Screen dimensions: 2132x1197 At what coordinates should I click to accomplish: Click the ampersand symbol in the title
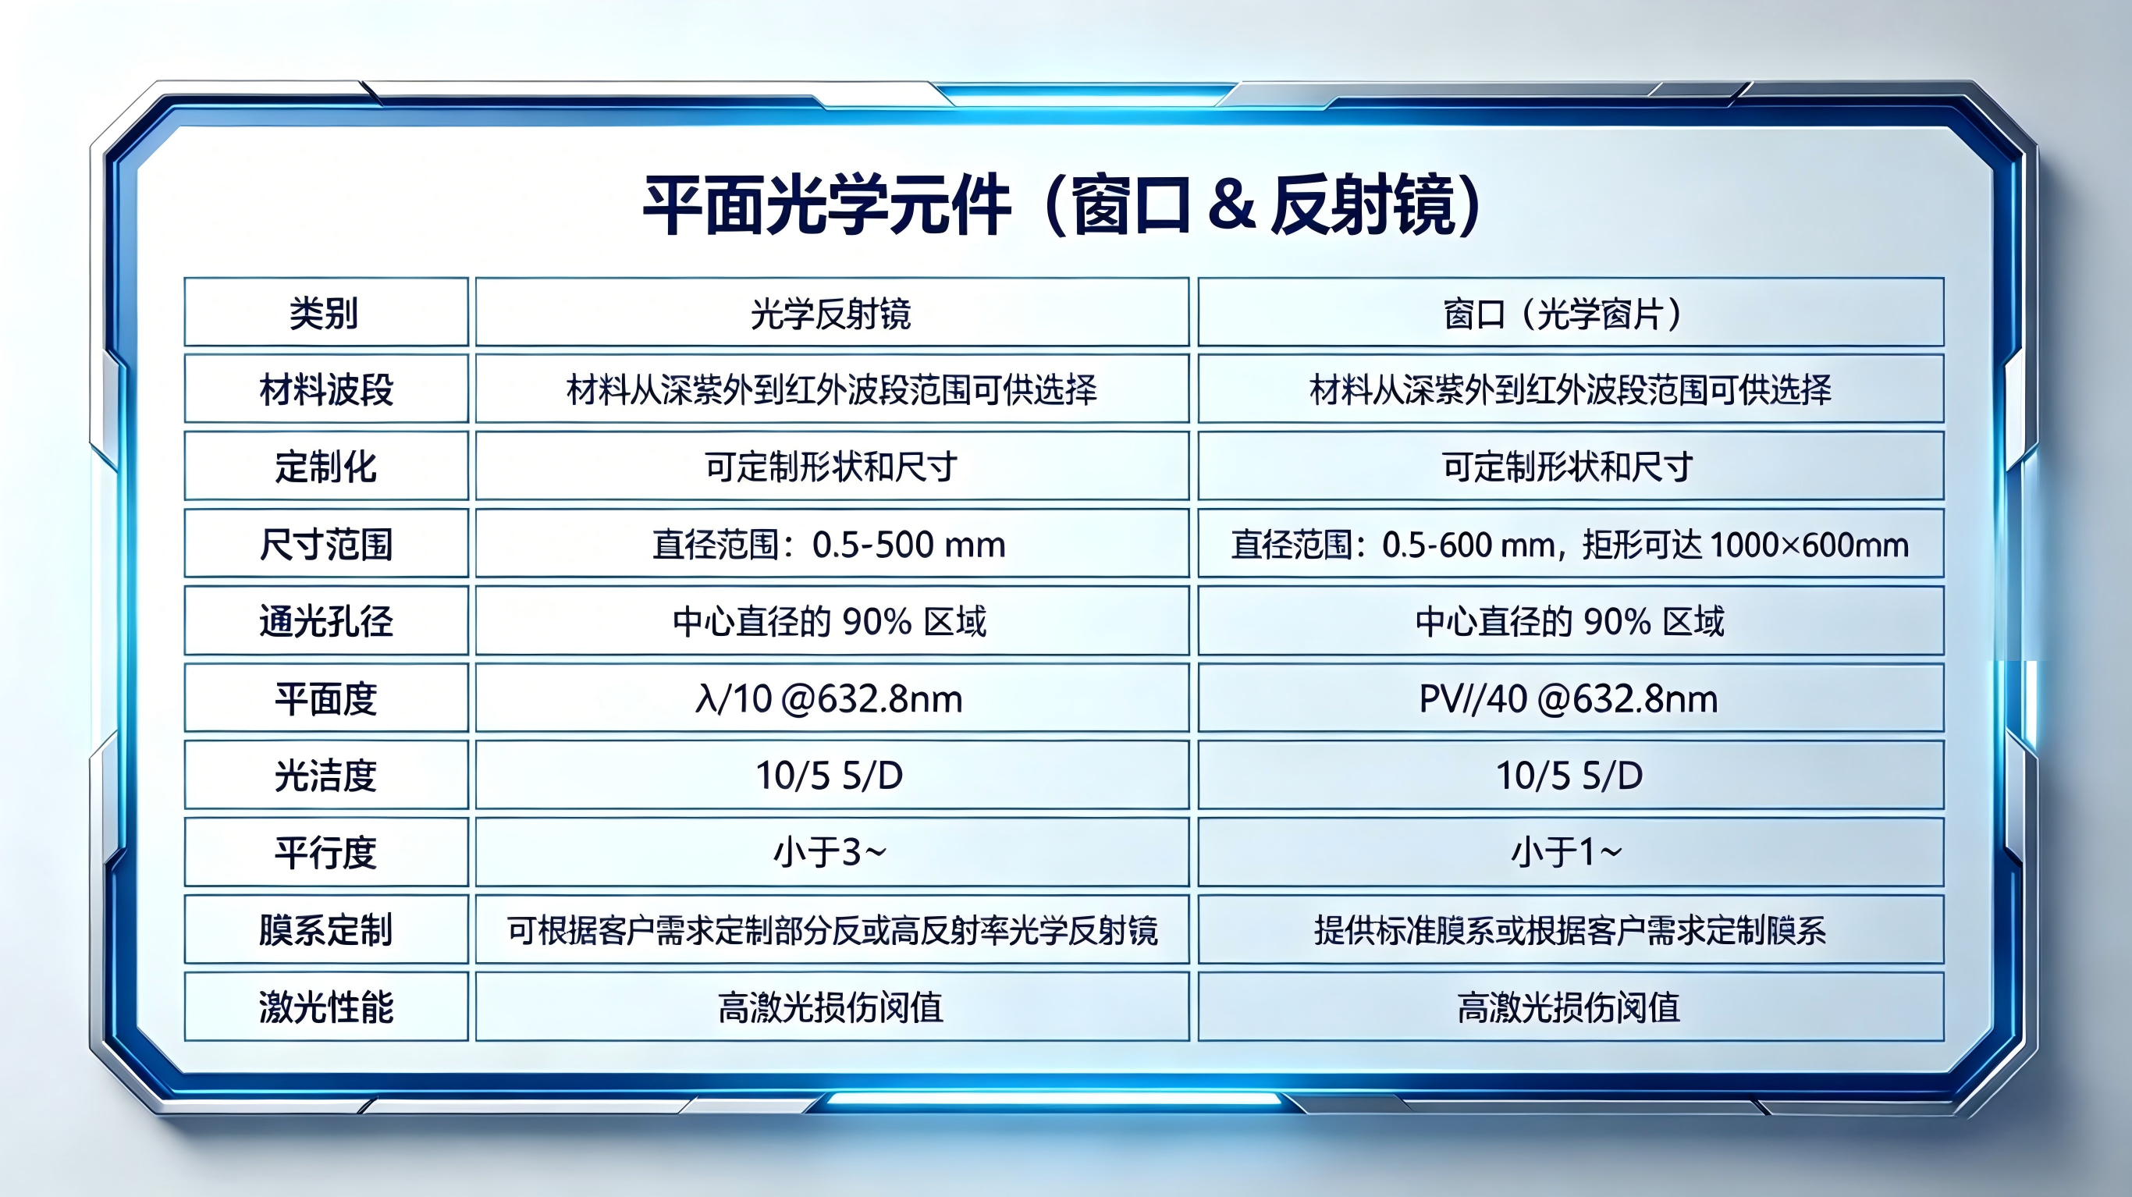(x=1231, y=204)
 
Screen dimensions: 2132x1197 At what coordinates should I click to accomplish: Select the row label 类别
(x=325, y=314)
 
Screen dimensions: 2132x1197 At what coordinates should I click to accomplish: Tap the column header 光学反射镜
(x=831, y=314)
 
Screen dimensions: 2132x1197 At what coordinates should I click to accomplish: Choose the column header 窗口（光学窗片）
(x=1569, y=314)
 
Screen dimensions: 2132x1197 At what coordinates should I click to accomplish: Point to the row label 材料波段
(x=326, y=390)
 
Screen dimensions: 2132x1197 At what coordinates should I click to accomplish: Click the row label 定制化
(x=326, y=467)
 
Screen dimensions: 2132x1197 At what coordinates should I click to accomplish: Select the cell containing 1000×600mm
(x=1570, y=545)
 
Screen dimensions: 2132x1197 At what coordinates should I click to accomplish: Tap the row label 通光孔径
(x=326, y=622)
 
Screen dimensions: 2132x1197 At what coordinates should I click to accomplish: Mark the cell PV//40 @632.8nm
(x=1569, y=698)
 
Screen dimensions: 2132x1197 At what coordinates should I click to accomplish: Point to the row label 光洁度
(x=326, y=776)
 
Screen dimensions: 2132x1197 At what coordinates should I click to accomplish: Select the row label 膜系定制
(x=326, y=930)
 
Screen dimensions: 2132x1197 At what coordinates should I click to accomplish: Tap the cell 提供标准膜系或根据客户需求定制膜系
(x=1570, y=930)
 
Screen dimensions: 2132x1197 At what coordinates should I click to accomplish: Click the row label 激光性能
(x=326, y=1007)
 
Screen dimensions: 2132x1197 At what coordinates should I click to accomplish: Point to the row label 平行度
(x=326, y=854)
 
